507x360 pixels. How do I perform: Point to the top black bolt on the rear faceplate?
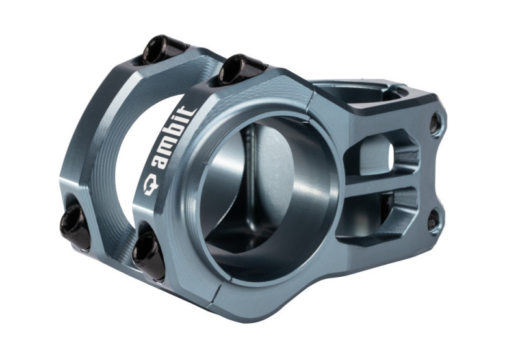159,50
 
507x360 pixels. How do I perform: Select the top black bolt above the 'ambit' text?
235,69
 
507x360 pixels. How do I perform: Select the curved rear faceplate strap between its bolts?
97,143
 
